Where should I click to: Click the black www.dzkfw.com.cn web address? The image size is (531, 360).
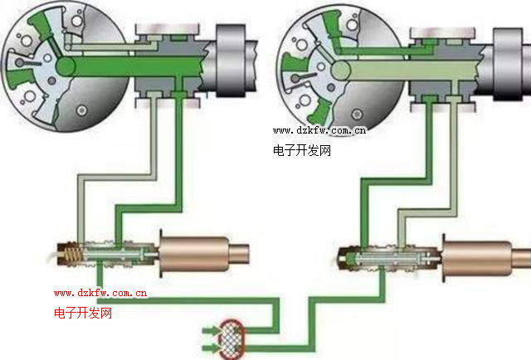click(x=319, y=130)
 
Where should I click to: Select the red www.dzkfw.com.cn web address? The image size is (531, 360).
click(x=100, y=292)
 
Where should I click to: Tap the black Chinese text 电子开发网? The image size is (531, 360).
click(x=302, y=151)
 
